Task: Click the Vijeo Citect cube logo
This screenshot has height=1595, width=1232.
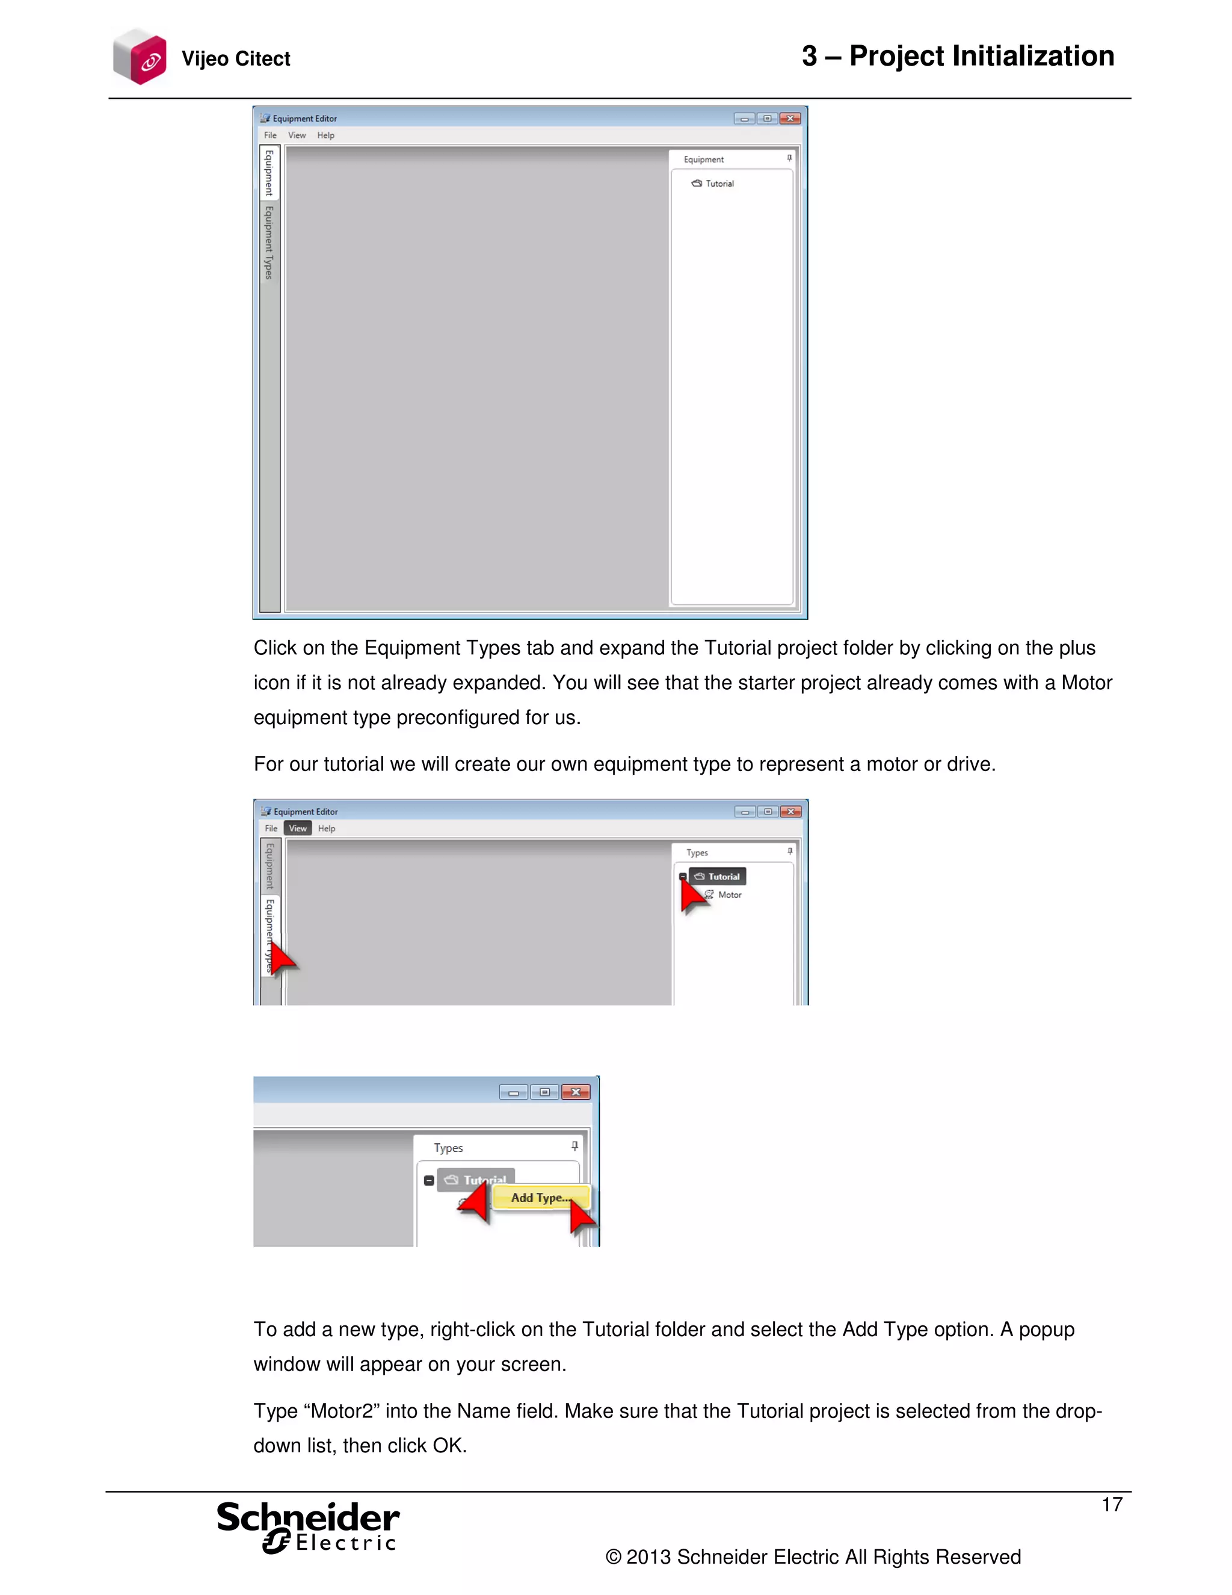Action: click(140, 57)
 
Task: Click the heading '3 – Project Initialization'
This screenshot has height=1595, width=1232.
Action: click(958, 56)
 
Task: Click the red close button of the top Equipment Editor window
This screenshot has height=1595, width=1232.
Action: click(790, 119)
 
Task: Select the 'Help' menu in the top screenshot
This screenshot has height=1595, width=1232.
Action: click(325, 135)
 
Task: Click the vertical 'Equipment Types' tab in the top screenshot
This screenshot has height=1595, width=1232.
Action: click(268, 243)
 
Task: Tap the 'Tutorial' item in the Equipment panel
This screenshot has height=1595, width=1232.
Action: click(719, 184)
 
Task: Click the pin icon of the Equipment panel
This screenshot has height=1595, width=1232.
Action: click(789, 158)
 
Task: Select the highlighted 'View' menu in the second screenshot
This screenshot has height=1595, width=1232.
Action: click(297, 828)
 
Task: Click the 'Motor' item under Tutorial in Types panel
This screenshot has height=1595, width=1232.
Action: click(729, 894)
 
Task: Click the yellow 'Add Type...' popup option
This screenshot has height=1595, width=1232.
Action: click(540, 1198)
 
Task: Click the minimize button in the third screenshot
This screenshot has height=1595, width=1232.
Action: click(513, 1092)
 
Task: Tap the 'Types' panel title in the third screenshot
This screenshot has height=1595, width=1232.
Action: click(448, 1148)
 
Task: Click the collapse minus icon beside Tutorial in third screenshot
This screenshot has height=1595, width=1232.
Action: click(429, 1180)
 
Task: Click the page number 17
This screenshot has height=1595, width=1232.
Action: click(1112, 1505)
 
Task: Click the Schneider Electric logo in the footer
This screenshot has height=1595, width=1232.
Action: click(308, 1527)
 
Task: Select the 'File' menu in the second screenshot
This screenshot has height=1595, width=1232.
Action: click(271, 828)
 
